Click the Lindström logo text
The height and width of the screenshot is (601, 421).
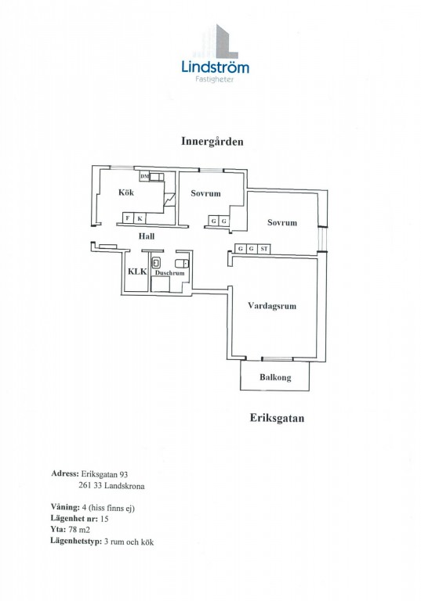[215, 67]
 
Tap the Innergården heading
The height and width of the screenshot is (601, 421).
[212, 142]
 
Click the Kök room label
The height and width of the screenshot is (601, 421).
[126, 192]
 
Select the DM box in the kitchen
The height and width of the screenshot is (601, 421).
[144, 177]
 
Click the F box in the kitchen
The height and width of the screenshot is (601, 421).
[128, 218]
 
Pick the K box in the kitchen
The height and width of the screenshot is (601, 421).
[140, 218]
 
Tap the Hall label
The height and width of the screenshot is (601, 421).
[147, 236]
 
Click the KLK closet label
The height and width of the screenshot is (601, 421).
[137, 272]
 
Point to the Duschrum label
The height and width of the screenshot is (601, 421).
[169, 273]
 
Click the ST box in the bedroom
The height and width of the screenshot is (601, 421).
[264, 249]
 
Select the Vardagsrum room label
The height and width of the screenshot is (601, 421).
[272, 306]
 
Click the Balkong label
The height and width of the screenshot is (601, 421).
[275, 377]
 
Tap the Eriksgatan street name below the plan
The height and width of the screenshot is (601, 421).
[277, 417]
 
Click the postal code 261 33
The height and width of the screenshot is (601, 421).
[90, 486]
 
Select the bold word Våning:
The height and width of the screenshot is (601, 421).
[65, 507]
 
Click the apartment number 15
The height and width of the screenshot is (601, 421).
[104, 519]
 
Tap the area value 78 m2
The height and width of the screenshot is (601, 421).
[78, 530]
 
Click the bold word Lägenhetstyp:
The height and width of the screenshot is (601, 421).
[76, 542]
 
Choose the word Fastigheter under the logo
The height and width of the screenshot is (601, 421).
[214, 79]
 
